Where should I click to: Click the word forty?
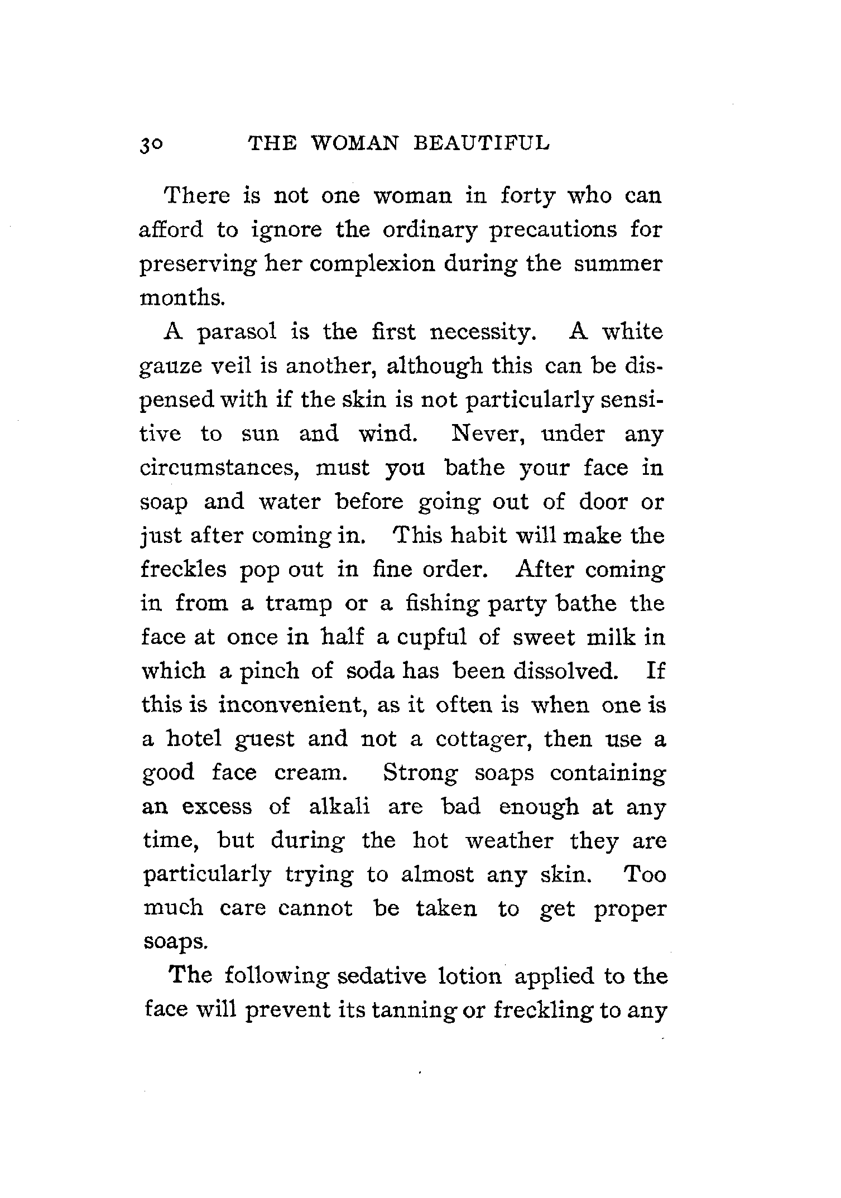(x=528, y=196)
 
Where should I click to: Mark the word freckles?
(x=184, y=570)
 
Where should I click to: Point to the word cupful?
(x=431, y=637)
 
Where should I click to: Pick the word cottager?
(x=483, y=740)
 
